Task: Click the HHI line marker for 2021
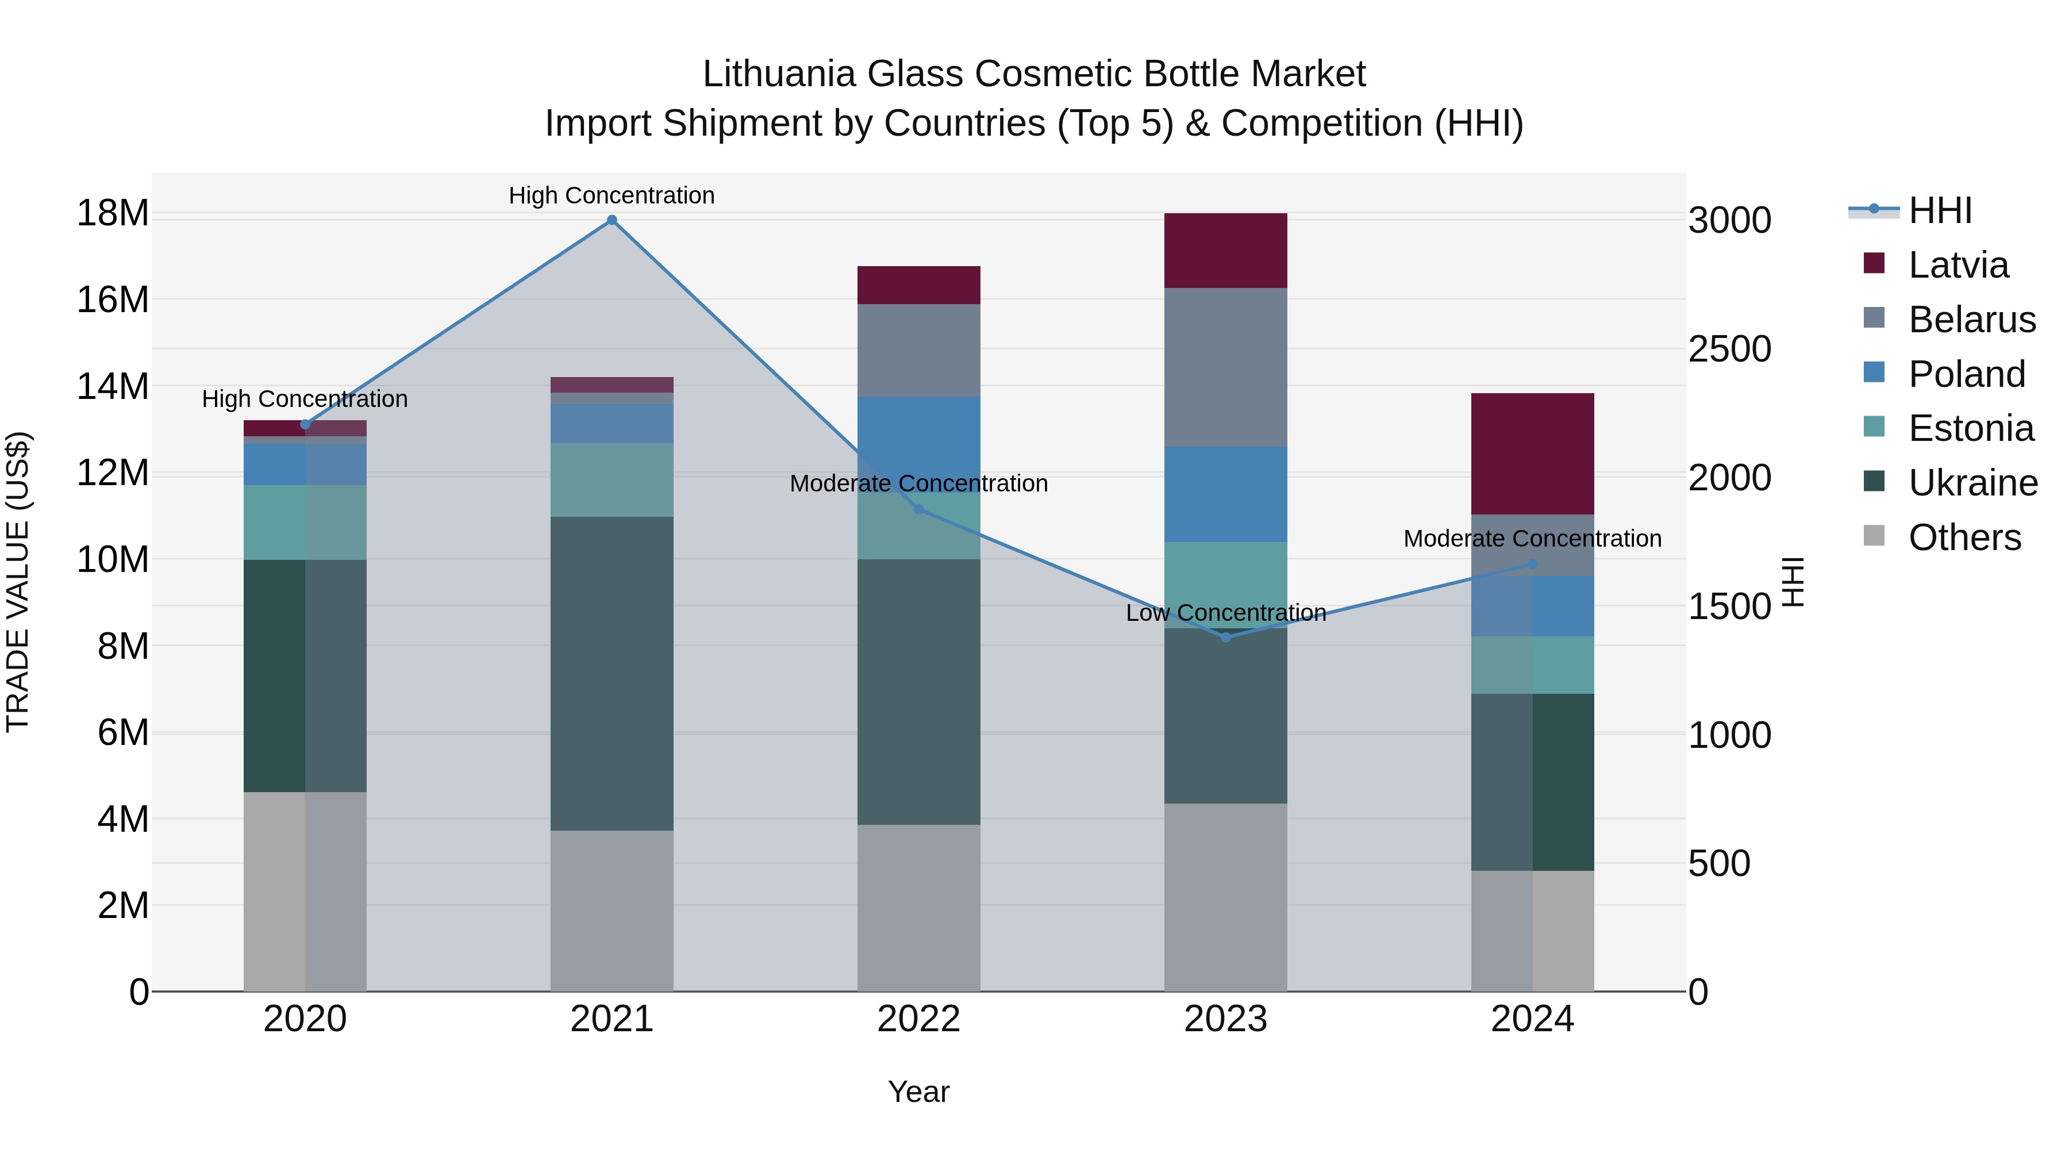pyautogui.click(x=612, y=220)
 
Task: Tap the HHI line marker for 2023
pyautogui.click(x=1226, y=637)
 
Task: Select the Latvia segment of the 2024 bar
pyautogui.click(x=1532, y=454)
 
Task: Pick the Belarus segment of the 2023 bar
pyautogui.click(x=1226, y=367)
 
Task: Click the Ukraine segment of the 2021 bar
pyautogui.click(x=612, y=673)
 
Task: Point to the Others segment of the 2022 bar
pyautogui.click(x=919, y=908)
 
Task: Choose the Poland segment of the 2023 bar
pyautogui.click(x=1226, y=494)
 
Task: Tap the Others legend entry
pyautogui.click(x=1964, y=537)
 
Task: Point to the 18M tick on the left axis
pyautogui.click(x=113, y=214)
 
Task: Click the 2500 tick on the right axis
pyautogui.click(x=1729, y=349)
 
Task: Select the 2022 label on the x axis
pyautogui.click(x=919, y=1019)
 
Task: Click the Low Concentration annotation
pyautogui.click(x=1226, y=613)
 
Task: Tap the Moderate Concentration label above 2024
pyautogui.click(x=1532, y=538)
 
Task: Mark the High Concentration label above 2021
pyautogui.click(x=612, y=195)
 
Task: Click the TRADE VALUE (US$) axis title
pyautogui.click(x=18, y=582)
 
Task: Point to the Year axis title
pyautogui.click(x=919, y=1092)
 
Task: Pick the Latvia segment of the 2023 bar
pyautogui.click(x=1226, y=251)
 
